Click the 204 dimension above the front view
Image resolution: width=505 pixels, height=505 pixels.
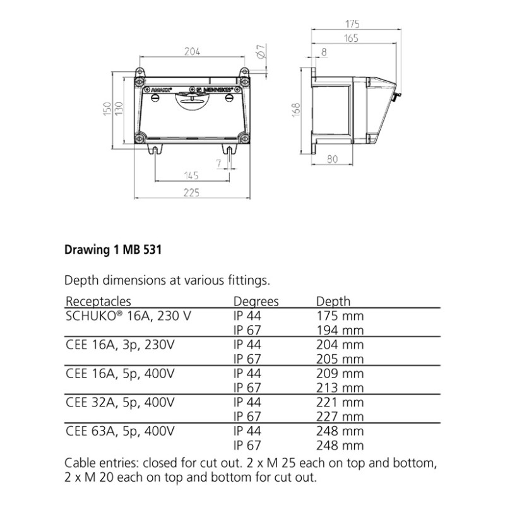point(192,52)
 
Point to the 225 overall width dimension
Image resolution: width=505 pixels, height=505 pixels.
point(192,193)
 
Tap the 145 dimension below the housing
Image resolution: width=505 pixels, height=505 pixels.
point(191,175)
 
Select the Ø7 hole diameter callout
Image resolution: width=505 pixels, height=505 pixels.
point(262,51)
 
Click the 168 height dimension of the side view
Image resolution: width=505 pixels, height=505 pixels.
point(295,110)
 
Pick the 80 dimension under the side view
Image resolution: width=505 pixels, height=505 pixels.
point(333,159)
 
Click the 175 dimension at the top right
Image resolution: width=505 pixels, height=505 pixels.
point(352,24)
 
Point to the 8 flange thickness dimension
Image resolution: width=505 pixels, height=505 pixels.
point(324,52)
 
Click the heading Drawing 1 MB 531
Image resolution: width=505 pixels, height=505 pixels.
point(113,249)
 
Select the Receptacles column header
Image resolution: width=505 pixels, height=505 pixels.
point(98,302)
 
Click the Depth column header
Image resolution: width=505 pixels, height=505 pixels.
point(333,302)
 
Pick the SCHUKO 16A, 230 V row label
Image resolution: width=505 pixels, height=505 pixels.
point(128,316)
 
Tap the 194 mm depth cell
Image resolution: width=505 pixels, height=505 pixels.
point(340,330)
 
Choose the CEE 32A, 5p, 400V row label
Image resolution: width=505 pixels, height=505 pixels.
point(120,402)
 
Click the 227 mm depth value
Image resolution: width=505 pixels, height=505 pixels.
point(340,417)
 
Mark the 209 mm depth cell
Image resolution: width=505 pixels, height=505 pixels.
point(340,374)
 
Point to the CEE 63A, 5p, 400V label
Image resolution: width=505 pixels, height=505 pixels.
point(120,431)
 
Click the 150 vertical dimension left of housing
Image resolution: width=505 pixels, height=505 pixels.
point(107,109)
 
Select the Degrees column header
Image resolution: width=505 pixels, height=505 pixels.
point(256,302)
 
